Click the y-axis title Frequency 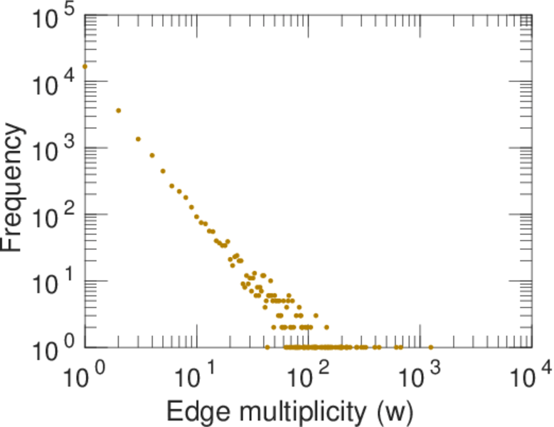pos(14,188)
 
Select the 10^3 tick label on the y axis pos(55,149)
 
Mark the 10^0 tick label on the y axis pos(55,349)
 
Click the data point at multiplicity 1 pos(85,67)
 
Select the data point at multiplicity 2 pos(119,110)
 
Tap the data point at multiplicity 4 pos(152,155)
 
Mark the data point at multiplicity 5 pos(163,171)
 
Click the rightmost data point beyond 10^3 pos(431,347)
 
